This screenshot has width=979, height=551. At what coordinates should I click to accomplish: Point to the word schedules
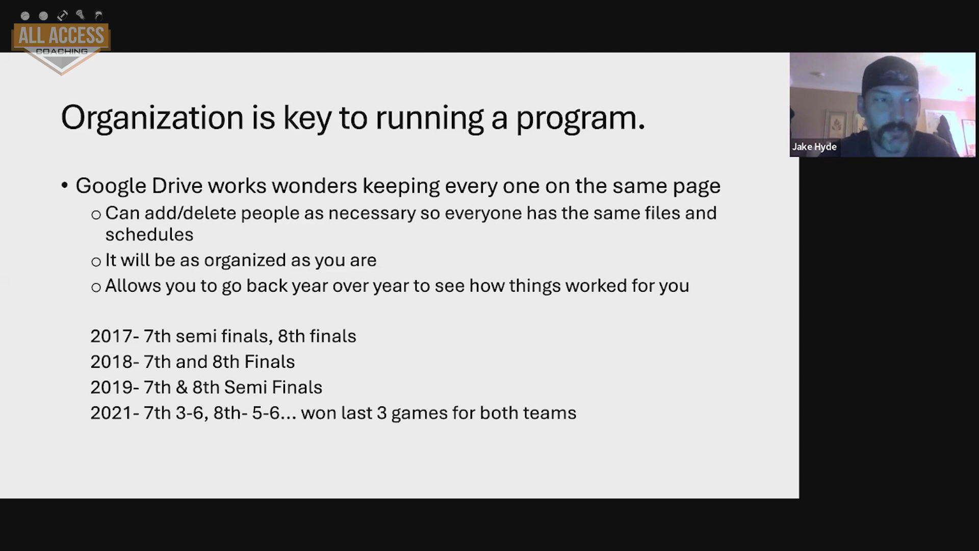click(149, 235)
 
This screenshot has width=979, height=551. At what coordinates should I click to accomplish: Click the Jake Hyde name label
click(814, 147)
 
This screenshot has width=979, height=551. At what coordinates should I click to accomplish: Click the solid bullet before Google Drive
click(64, 186)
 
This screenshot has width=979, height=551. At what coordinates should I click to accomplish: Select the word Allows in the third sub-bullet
click(132, 286)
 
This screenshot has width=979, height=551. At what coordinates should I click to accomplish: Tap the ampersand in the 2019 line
click(182, 387)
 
